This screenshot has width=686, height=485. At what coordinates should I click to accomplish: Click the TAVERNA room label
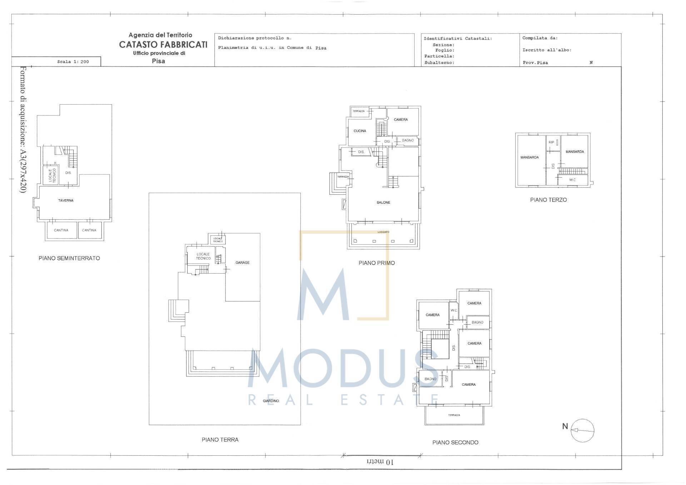point(66,200)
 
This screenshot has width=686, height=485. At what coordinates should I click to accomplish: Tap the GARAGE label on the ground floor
point(242,262)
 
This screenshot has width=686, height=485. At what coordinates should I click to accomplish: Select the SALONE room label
point(383,202)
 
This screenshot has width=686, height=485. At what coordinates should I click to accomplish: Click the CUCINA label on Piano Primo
point(359,131)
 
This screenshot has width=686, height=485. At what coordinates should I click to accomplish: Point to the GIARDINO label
point(270,401)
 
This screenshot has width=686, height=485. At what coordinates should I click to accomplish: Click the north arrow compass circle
point(582,430)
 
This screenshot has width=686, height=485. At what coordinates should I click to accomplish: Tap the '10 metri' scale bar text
point(380,462)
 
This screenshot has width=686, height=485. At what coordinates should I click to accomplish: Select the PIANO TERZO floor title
point(548,200)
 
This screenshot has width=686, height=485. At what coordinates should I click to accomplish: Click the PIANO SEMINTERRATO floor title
point(69,258)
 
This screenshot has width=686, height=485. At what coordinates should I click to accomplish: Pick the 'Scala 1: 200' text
point(73,62)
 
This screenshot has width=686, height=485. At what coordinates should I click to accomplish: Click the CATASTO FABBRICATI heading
point(163,45)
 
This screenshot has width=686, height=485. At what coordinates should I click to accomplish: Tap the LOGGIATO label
point(383,232)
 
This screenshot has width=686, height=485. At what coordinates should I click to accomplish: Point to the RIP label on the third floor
point(551,142)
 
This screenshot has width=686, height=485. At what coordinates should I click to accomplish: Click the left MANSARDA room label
point(529,157)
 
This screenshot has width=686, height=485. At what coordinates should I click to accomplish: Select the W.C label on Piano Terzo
point(572,180)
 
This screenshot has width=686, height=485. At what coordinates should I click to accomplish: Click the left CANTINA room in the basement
point(61,230)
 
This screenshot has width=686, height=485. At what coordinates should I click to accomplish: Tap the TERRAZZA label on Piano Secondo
point(454,415)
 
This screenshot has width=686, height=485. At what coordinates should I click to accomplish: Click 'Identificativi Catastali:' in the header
point(457,39)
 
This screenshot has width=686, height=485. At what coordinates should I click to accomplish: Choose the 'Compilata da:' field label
point(540,38)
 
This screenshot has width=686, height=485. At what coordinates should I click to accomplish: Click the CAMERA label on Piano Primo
point(401,120)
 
